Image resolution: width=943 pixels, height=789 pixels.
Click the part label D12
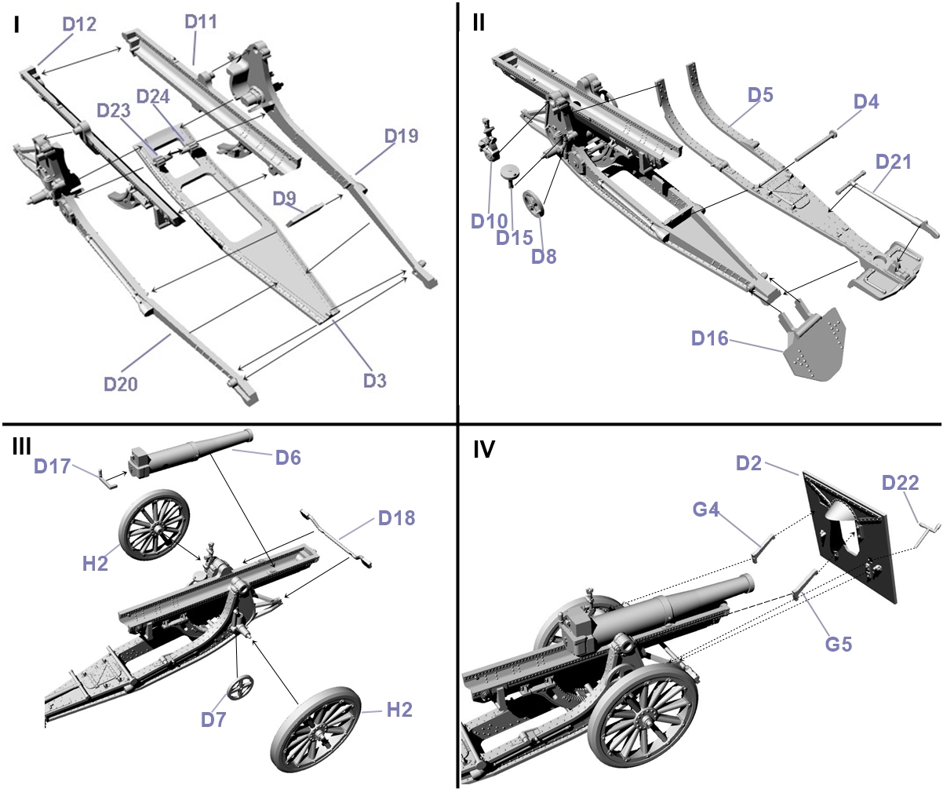[79, 24]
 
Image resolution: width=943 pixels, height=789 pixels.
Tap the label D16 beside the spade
[710, 338]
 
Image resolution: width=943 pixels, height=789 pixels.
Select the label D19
[401, 136]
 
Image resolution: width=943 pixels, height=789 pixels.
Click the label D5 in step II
[759, 95]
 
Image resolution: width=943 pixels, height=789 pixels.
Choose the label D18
[395, 517]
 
